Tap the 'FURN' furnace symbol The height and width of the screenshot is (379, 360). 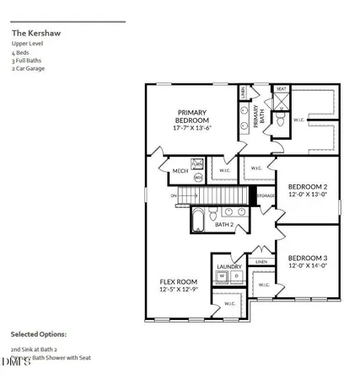click(198, 164)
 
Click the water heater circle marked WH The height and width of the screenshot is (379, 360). click(198, 178)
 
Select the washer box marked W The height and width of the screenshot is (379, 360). click(222, 276)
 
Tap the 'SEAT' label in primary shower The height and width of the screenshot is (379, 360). click(282, 89)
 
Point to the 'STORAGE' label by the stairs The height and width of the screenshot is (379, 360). click(266, 196)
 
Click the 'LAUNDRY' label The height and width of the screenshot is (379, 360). click(229, 267)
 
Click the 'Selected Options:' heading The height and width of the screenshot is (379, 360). click(39, 334)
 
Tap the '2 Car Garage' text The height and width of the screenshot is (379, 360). click(29, 69)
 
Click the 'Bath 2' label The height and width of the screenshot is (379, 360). click(223, 225)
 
